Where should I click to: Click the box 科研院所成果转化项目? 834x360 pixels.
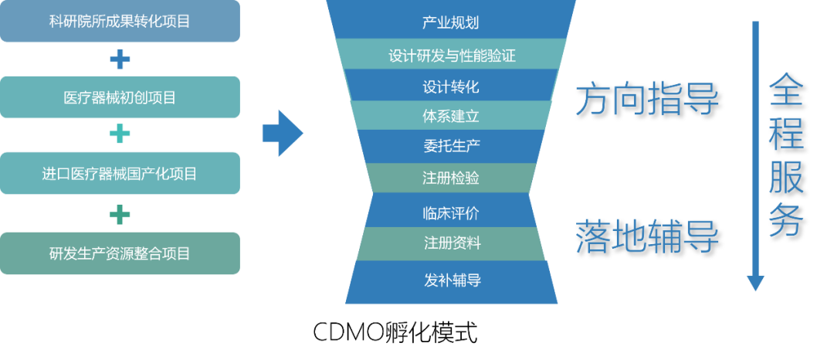pos(120,22)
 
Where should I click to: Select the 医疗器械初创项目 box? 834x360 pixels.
pos(120,97)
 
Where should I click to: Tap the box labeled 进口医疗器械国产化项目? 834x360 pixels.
pos(120,174)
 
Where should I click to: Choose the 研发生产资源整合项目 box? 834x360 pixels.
pos(120,253)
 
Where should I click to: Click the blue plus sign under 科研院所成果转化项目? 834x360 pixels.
pos(120,59)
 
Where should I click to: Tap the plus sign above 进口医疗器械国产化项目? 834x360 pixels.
pos(120,135)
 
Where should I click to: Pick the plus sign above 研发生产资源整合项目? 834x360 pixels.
pos(120,213)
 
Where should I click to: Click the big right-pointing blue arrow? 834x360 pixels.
pos(283,134)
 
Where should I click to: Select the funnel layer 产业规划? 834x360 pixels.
pos(451,22)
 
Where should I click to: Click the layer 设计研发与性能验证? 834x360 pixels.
pos(451,56)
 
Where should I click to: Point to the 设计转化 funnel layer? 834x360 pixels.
pos(451,86)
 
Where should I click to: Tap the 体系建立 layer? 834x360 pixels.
pos(451,117)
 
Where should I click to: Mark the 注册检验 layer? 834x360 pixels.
pos(451,178)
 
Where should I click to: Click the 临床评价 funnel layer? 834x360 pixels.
pos(451,212)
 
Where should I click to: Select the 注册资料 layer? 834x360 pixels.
pos(451,243)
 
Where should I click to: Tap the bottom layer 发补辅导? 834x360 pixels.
pos(451,280)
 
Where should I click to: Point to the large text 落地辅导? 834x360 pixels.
pos(646,236)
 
